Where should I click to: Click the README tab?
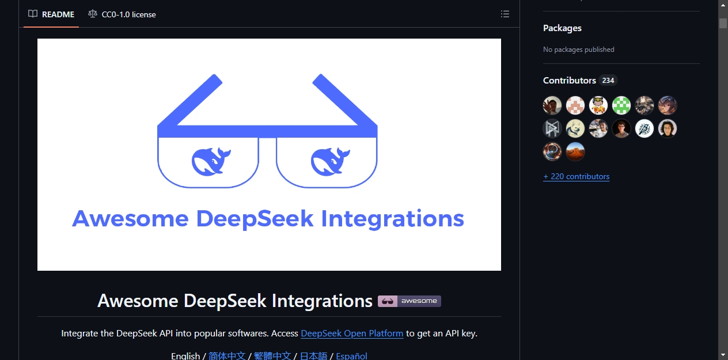tap(51, 14)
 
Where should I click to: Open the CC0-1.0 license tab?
tap(122, 14)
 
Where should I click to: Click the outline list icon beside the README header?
tap(505, 14)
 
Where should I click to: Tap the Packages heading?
tap(562, 28)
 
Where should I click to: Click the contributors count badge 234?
tap(608, 80)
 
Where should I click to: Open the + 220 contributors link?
tap(576, 176)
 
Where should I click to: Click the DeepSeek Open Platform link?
tap(352, 334)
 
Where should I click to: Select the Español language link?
tap(351, 356)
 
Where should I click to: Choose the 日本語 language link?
tap(313, 356)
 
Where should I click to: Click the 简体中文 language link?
tap(227, 356)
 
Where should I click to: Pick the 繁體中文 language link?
tap(272, 356)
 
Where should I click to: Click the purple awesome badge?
tap(409, 301)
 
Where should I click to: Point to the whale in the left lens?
tap(211, 161)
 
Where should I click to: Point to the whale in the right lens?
tap(330, 161)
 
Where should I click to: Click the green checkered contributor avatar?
tap(621, 105)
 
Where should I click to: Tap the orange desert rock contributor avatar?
tap(575, 151)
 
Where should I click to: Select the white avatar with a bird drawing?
tap(644, 128)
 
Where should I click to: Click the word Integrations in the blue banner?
tap(392, 219)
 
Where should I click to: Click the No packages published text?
tap(578, 50)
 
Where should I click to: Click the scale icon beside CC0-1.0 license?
tap(93, 14)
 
